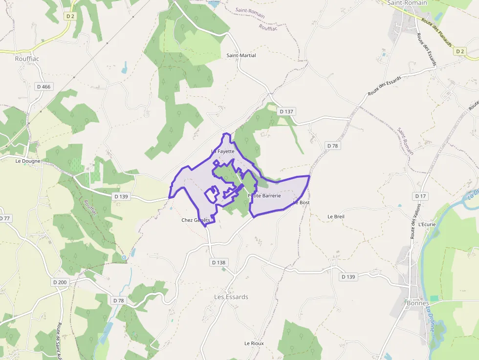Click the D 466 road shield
[x=44, y=86]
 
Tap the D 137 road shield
[x=286, y=111]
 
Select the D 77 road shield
[x=4, y=218]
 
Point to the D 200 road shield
[x=60, y=282]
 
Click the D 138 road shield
[x=219, y=262]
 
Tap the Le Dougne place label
[x=28, y=161]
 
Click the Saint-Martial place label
[x=241, y=55]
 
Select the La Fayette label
[x=223, y=151]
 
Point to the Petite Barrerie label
[x=264, y=195]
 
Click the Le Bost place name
[x=302, y=202]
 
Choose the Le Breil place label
[x=336, y=216]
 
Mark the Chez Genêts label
[x=196, y=220]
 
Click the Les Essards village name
[x=231, y=297]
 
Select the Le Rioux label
[x=254, y=343]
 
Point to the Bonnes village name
[x=418, y=303]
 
